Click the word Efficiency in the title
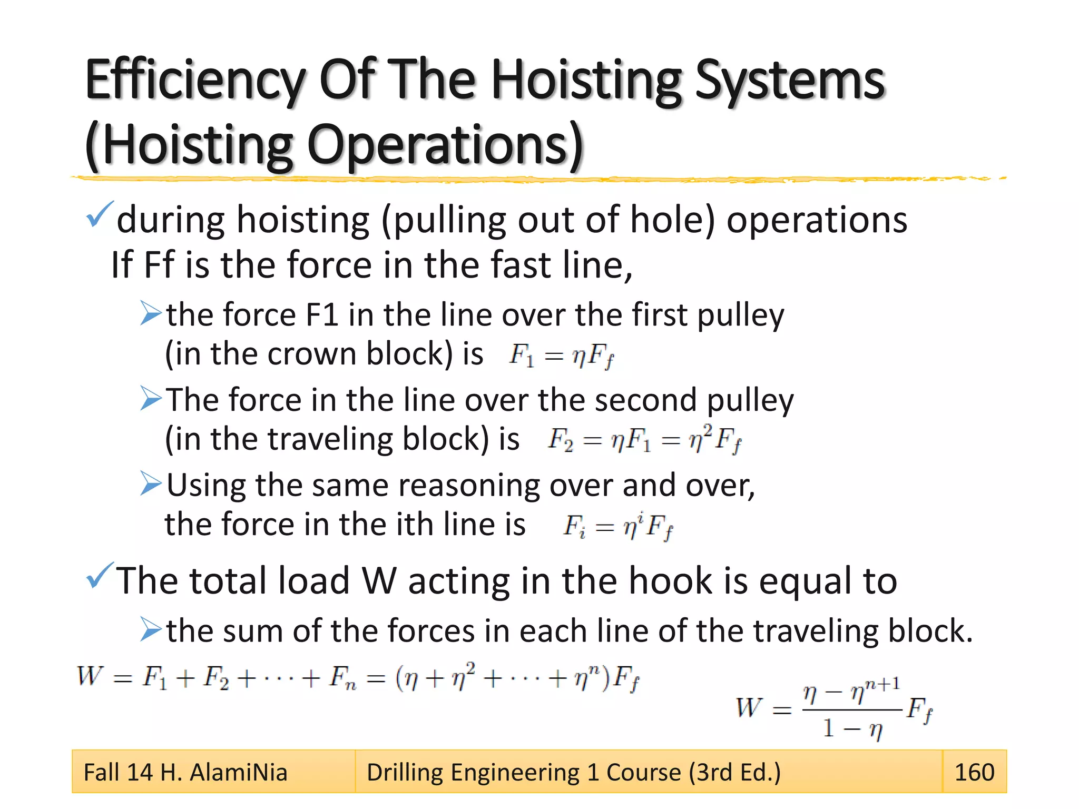click(x=194, y=80)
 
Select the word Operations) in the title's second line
click(x=445, y=145)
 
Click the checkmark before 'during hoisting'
click(x=99, y=214)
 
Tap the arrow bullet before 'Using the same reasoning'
click(x=151, y=484)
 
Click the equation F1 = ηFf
click(x=562, y=355)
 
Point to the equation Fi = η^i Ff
click(x=618, y=526)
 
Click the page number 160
click(x=974, y=772)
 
